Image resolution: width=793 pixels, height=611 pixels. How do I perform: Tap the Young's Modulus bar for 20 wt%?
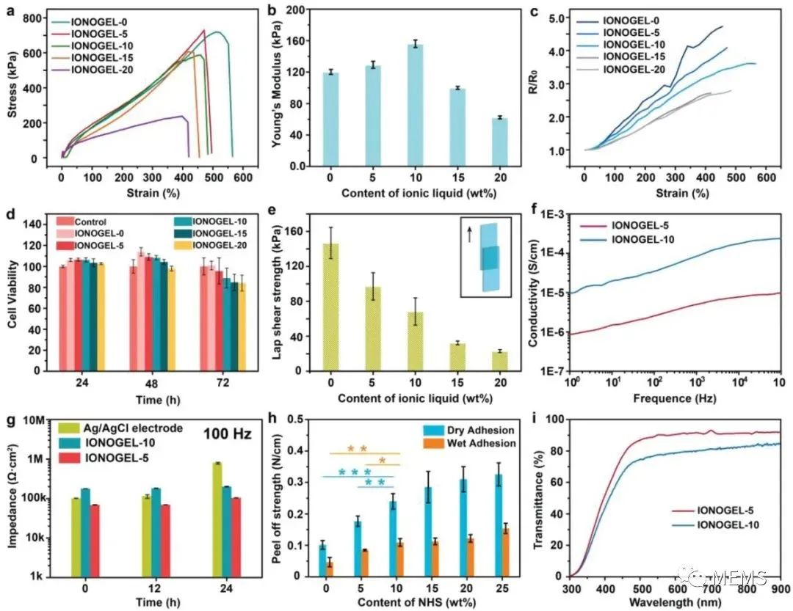[x=499, y=142]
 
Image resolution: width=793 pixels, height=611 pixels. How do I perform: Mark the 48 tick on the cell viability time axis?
[x=145, y=384]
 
